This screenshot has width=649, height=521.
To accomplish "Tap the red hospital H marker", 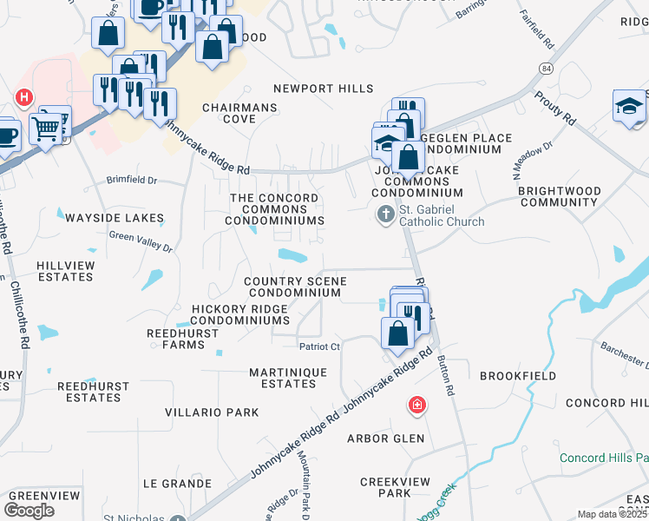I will tap(24, 96).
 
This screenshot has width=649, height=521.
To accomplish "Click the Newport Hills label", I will tap(324, 89).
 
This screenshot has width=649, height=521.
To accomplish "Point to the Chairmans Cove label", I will tap(240, 113).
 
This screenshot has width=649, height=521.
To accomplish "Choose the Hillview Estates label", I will tap(65, 271).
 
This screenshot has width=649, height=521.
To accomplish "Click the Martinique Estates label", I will tap(288, 378).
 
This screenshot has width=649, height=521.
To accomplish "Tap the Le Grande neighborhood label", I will tap(177, 483).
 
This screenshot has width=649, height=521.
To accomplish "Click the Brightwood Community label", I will tap(558, 196).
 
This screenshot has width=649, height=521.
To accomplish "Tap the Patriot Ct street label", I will tap(318, 346).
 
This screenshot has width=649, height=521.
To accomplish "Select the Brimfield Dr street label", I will tap(132, 181).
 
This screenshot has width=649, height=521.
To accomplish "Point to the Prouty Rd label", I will tap(555, 105).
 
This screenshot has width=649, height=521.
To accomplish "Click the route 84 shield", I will tap(545, 68).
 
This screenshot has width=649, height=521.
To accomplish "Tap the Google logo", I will tap(29, 510).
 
